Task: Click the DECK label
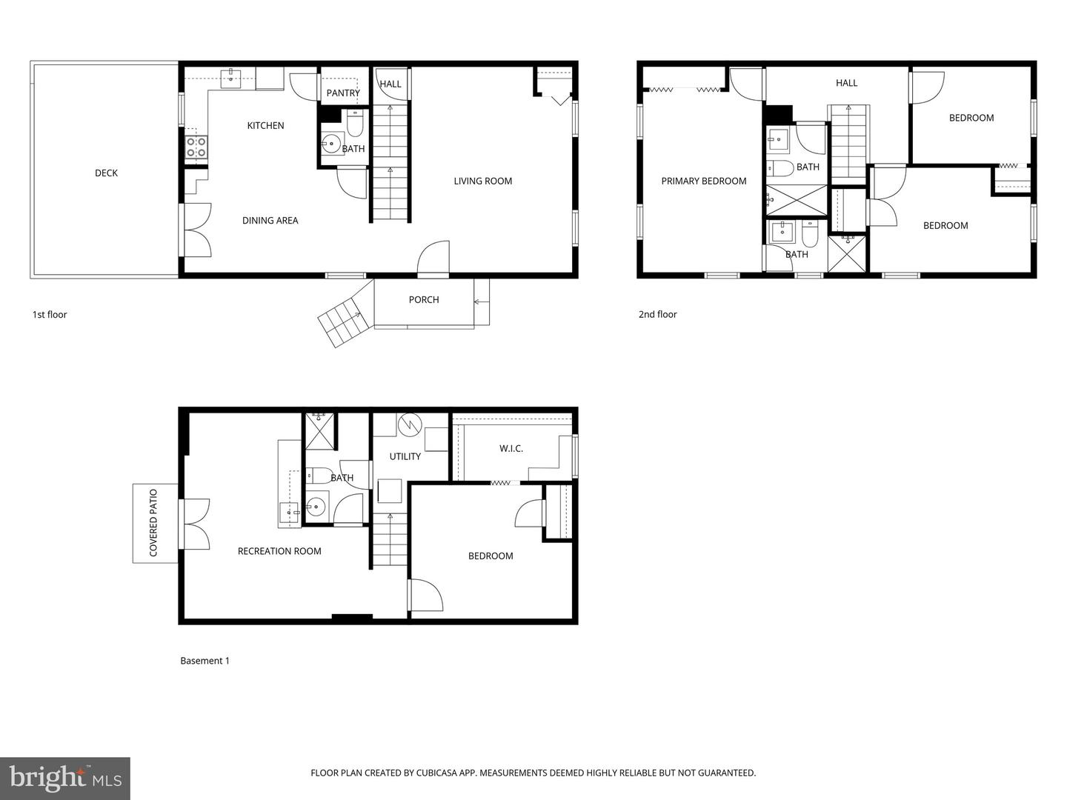coord(106,173)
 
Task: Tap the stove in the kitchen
coord(196,147)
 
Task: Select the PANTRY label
coord(343,93)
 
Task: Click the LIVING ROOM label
coord(482,181)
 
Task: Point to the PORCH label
coord(424,299)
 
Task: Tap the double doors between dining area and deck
coord(196,230)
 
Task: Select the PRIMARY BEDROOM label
coord(704,181)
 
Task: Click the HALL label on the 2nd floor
coord(846,83)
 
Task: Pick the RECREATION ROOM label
coord(279,550)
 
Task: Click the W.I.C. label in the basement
coord(511,448)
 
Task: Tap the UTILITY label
coord(405,456)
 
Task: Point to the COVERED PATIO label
coord(153,523)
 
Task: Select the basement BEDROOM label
coord(491,556)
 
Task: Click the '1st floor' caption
coord(50,314)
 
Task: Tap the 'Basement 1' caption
coord(205,660)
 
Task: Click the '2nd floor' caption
coord(658,314)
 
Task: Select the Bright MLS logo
coord(65,778)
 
